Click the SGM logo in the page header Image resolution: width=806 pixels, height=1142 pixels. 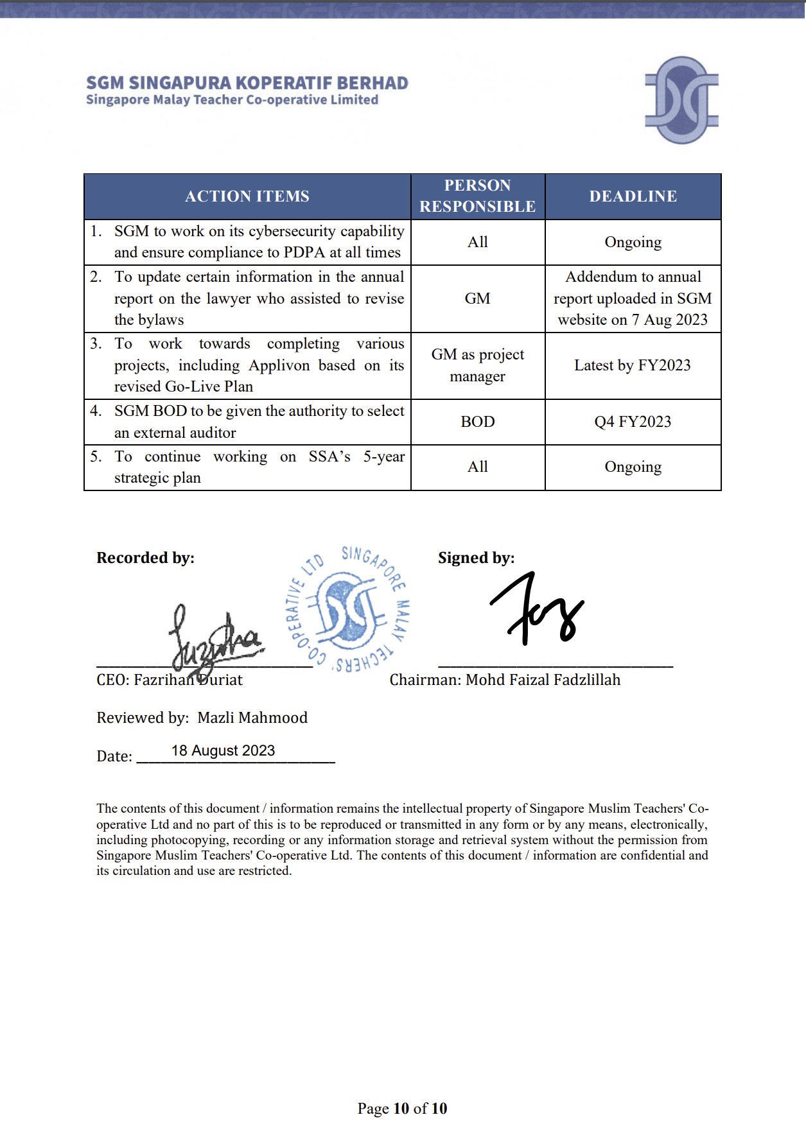click(x=681, y=100)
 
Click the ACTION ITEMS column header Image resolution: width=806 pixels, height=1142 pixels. click(x=247, y=196)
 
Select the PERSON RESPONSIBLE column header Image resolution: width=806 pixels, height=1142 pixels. click(x=478, y=196)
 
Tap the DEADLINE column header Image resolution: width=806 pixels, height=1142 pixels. click(x=633, y=196)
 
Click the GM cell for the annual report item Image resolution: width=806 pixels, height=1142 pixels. click(x=478, y=298)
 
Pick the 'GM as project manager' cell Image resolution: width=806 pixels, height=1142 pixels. click(x=478, y=365)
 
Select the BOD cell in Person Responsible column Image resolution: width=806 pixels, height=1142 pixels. click(x=478, y=422)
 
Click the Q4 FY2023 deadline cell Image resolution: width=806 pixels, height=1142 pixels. click(x=633, y=422)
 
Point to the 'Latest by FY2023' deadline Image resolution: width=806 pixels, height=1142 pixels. click(x=633, y=365)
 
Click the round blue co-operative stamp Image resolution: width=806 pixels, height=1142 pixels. click(x=347, y=609)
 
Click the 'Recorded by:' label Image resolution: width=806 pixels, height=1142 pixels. click(x=146, y=558)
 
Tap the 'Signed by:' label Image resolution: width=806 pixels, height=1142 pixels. click(x=477, y=558)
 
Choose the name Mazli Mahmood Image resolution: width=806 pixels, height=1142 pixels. click(x=252, y=718)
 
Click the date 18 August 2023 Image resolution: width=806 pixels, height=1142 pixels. click(x=223, y=750)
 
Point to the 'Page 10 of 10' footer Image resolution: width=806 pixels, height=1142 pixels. click(x=403, y=1109)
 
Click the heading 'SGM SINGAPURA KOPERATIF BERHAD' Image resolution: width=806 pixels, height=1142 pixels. click(x=247, y=83)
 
